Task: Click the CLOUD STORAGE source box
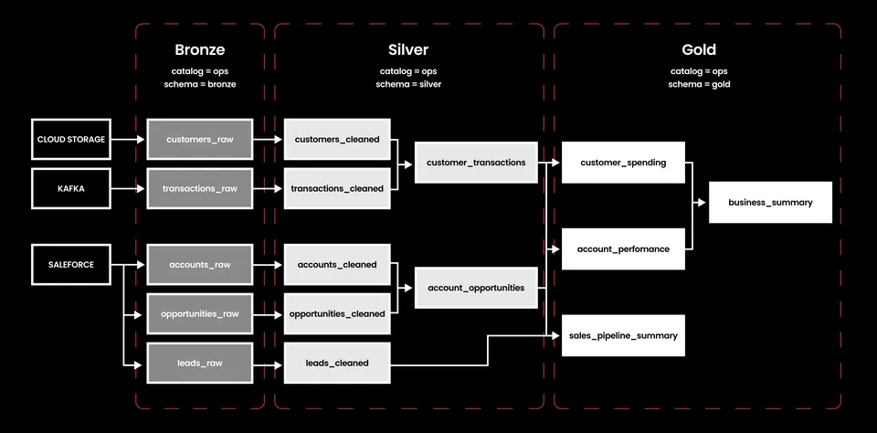click(x=71, y=139)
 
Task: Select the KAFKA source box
click(x=71, y=188)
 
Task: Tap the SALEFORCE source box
click(x=71, y=265)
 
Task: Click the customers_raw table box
click(x=200, y=139)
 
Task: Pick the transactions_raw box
click(x=200, y=188)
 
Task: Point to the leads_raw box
click(x=200, y=363)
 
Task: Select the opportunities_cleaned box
click(x=337, y=314)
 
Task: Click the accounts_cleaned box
click(x=337, y=265)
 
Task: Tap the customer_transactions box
click(x=476, y=163)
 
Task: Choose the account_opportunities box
click(x=476, y=288)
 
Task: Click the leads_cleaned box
click(x=337, y=363)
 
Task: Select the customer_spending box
click(x=623, y=163)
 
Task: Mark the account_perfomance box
click(x=623, y=249)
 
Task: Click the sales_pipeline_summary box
click(x=623, y=335)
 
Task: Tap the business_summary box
click(x=770, y=203)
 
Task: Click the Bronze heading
click(x=200, y=50)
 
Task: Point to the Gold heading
click(x=699, y=50)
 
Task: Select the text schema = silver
click(x=408, y=84)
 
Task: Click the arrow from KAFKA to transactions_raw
click(x=128, y=188)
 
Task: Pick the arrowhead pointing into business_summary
click(x=702, y=203)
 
